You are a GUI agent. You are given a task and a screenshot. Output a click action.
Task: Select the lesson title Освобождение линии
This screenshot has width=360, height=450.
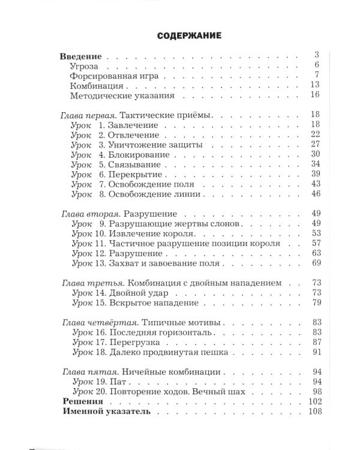click(154, 194)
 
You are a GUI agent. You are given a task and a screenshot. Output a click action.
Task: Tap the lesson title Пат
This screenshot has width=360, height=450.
click(117, 381)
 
